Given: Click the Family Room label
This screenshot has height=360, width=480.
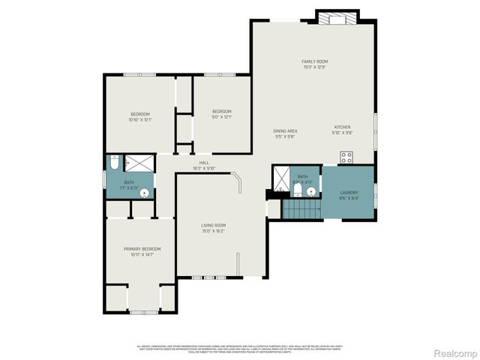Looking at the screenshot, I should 315,61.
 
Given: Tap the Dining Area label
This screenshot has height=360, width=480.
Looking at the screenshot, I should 285,130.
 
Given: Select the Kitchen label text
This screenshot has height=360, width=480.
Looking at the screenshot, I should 342,127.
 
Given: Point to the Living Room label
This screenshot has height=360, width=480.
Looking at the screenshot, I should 214,225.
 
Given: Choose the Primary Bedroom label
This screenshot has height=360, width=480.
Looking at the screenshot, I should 142,249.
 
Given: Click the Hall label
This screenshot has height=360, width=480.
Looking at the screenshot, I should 203,163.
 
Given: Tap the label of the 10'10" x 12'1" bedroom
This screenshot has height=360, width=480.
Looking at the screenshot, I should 140,114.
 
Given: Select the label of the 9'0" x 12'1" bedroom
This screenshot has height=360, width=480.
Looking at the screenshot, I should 222,112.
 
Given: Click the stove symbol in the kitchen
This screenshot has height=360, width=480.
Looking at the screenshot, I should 347,157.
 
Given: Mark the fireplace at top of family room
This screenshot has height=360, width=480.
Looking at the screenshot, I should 337,17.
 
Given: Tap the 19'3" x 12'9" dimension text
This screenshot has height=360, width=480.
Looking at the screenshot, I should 315,67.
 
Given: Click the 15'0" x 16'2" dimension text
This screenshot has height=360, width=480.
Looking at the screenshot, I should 214,231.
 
